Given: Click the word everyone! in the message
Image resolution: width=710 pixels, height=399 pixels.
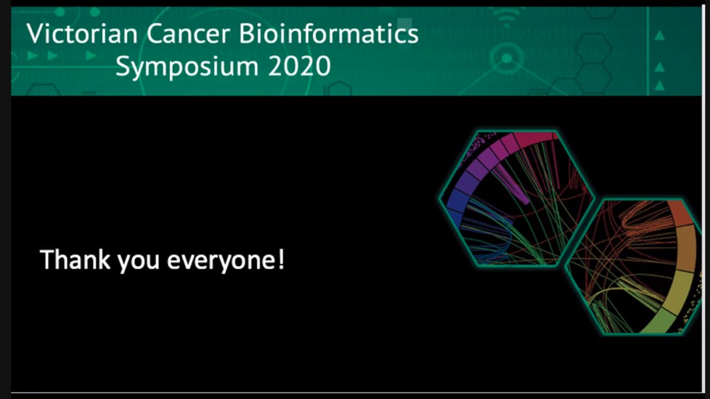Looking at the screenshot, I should (x=225, y=261).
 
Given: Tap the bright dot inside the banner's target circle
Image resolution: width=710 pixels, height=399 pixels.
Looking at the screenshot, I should (x=506, y=59).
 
